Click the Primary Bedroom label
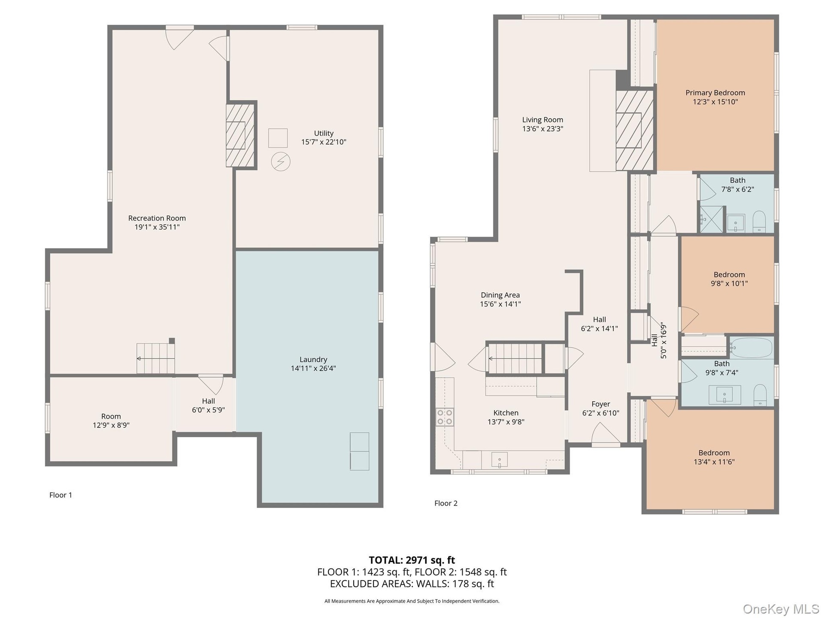point(715,93)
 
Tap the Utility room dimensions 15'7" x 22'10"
point(324,142)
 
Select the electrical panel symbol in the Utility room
point(281,162)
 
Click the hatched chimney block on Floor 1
point(240,135)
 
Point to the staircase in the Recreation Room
point(156,358)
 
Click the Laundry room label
point(313,360)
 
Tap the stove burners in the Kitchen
point(445,417)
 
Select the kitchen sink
point(499,460)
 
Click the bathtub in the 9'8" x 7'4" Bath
point(751,348)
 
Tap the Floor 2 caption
point(446,503)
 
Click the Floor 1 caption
point(61,495)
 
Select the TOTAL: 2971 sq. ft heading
point(412,560)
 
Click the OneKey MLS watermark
point(781,609)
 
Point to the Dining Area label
point(500,295)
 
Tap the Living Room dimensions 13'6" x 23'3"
point(542,129)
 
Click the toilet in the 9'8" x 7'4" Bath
point(760,395)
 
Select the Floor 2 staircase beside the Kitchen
point(515,358)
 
